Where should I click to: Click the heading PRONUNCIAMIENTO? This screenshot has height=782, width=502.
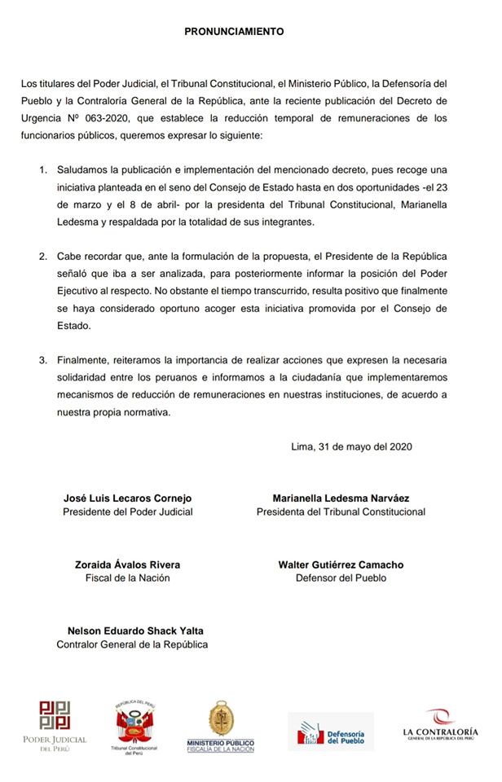tap(234, 32)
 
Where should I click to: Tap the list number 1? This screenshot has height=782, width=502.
tap(43, 169)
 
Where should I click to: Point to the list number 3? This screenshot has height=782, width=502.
tap(43, 358)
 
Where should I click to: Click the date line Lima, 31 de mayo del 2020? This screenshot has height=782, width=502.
tap(352, 446)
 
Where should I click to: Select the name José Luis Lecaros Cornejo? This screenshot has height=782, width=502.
tap(128, 498)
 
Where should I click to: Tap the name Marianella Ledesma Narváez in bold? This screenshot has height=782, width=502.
tap(341, 498)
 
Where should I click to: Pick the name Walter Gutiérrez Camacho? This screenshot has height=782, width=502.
tap(341, 565)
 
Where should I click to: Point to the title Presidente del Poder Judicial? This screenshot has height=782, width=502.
tap(128, 512)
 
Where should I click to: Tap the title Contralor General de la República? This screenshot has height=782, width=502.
tap(132, 644)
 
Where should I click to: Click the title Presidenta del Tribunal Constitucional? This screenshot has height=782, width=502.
tap(341, 512)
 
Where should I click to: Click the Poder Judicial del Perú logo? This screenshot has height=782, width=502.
tap(55, 725)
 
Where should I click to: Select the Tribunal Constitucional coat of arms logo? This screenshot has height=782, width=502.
tap(134, 725)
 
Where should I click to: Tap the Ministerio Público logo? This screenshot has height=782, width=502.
tap(220, 725)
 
